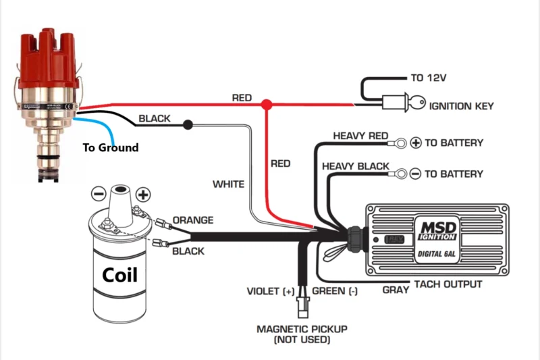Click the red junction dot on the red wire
pyautogui.click(x=267, y=105)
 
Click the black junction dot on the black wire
pyautogui.click(x=187, y=124)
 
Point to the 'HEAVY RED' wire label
pyautogui.click(x=360, y=136)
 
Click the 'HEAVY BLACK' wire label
pyautogui.click(x=356, y=166)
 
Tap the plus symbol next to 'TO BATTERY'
pyautogui.click(x=416, y=143)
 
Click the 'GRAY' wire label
pyautogui.click(x=396, y=290)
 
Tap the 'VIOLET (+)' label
pyautogui.click(x=270, y=291)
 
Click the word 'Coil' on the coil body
pyautogui.click(x=119, y=275)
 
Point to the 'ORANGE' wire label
pyautogui.click(x=193, y=220)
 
